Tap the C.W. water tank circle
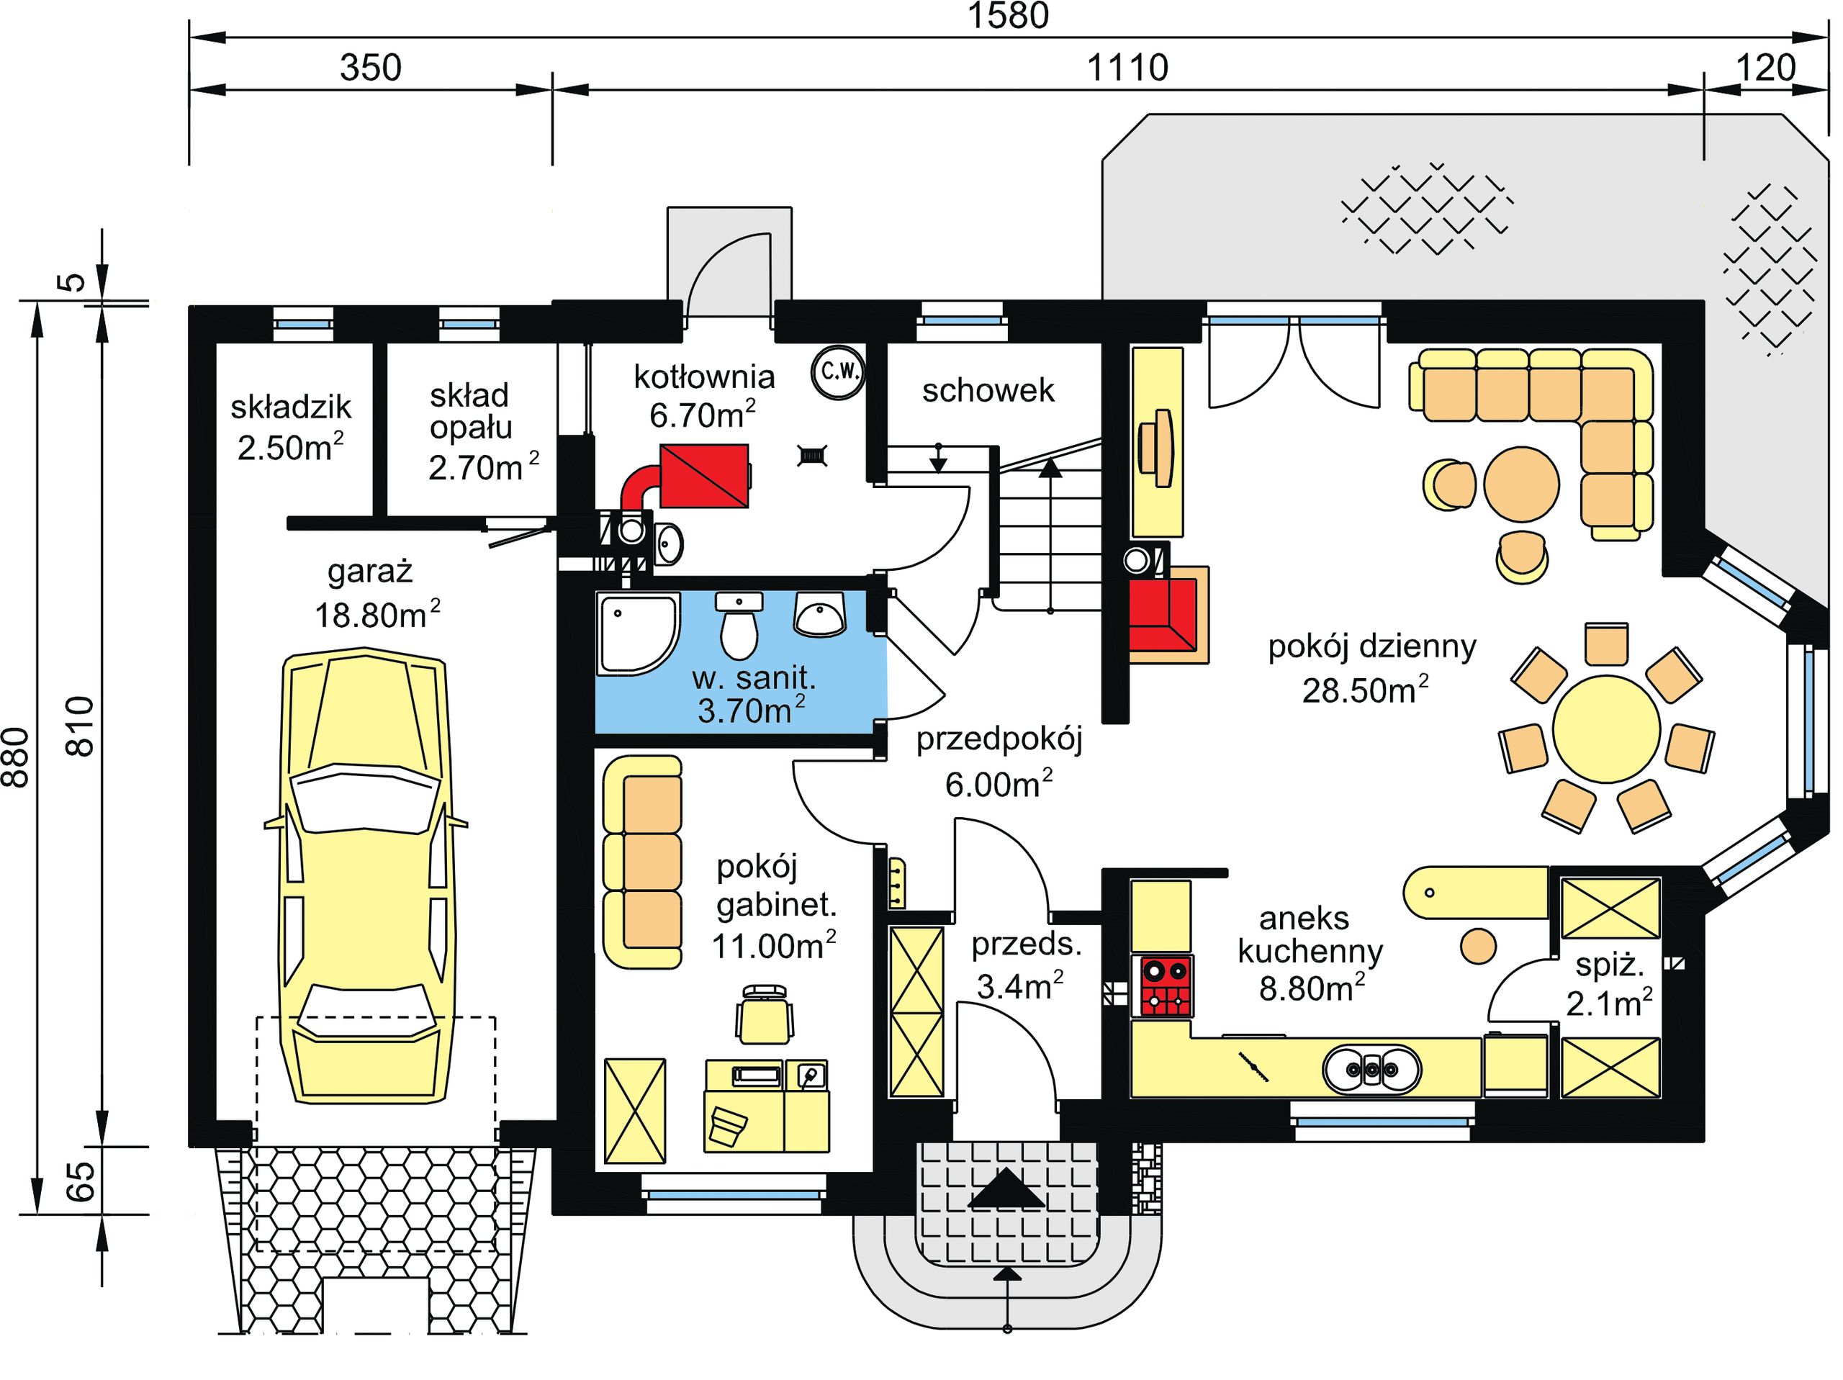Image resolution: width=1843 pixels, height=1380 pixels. coord(838,372)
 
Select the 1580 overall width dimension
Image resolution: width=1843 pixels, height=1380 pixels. coord(1007,17)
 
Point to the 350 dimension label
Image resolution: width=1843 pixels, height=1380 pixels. coord(370,68)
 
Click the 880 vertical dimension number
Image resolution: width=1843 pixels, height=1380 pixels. coord(17,757)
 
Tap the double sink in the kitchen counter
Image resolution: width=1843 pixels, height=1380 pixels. coord(1371,1069)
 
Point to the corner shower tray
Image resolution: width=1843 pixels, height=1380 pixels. coord(637,633)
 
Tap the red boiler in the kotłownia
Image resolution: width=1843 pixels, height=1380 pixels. coord(704,476)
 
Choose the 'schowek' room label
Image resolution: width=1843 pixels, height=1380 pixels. coord(988,390)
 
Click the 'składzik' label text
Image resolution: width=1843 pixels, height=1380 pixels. coord(291,407)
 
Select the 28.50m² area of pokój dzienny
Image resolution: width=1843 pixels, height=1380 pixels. coord(1366,690)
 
